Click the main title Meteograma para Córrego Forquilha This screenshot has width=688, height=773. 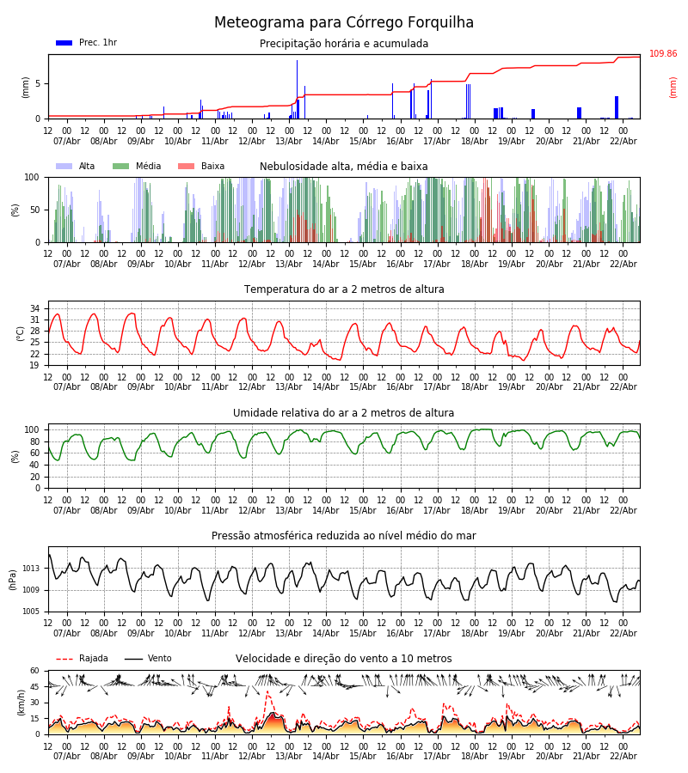click(x=344, y=22)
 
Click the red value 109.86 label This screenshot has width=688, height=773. click(x=662, y=54)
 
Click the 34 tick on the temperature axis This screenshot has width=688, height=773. click(x=35, y=308)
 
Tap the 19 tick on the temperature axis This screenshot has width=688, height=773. click(x=35, y=365)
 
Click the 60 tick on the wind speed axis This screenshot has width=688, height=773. click(x=35, y=671)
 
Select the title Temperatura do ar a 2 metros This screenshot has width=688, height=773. click(x=344, y=289)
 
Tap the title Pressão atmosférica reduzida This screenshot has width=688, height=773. click(x=344, y=536)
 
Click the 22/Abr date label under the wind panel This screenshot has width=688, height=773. click(x=623, y=756)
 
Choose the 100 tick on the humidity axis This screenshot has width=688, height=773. click(x=32, y=429)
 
